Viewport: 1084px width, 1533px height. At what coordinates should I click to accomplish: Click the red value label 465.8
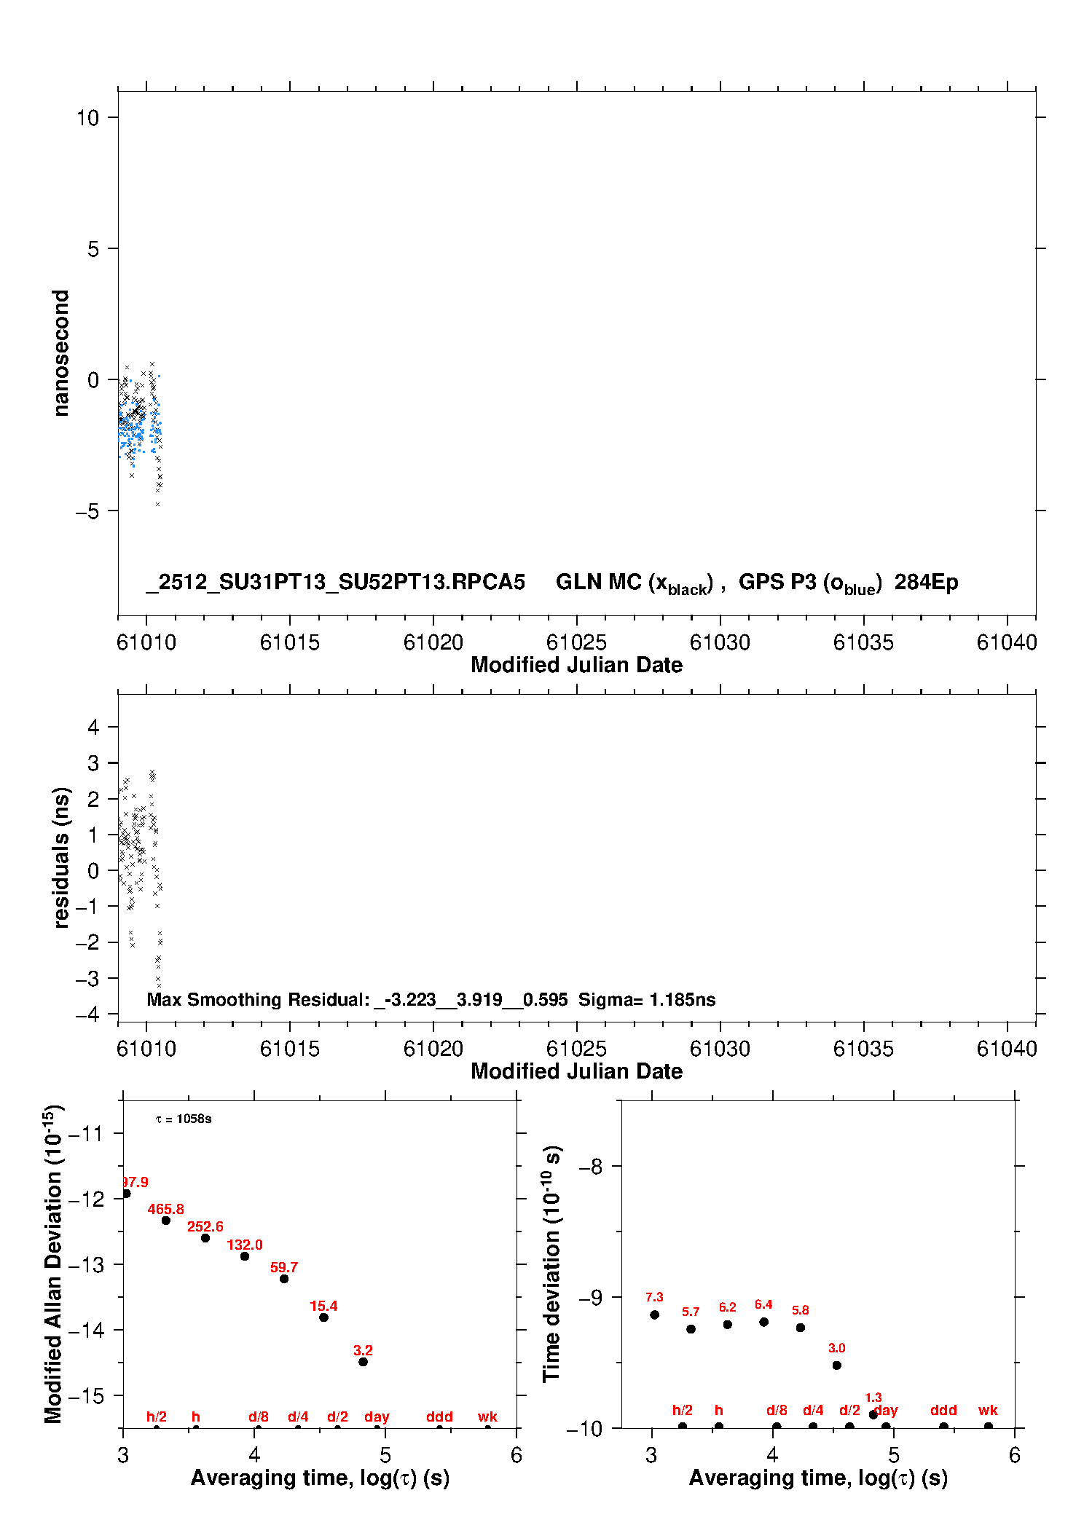tap(165, 1209)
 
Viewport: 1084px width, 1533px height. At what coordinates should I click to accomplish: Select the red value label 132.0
tap(244, 1245)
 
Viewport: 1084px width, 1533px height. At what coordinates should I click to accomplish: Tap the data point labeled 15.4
tap(323, 1317)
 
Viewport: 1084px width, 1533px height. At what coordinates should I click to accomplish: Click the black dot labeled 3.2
tap(363, 1361)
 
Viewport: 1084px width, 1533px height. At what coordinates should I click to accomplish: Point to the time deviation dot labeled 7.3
tap(654, 1315)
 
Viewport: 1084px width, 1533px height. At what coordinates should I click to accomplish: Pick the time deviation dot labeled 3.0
tap(836, 1365)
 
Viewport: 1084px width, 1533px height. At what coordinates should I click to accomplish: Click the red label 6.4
tap(763, 1304)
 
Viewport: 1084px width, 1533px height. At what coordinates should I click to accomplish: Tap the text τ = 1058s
tap(184, 1119)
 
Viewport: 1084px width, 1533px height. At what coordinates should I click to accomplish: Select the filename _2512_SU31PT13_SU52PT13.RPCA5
tap(336, 582)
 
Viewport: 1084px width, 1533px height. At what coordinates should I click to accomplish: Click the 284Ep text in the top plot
tap(926, 582)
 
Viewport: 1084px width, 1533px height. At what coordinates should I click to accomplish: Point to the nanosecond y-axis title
tap(61, 352)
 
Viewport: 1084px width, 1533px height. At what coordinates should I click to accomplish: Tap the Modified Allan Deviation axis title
tap(54, 1264)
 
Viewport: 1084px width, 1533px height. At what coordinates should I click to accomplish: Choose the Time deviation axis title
tap(551, 1264)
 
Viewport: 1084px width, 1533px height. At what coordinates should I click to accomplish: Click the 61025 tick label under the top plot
tap(576, 642)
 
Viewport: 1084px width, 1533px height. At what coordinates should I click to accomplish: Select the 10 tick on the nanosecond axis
tap(88, 117)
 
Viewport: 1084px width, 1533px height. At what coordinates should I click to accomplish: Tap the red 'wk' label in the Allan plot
tap(487, 1416)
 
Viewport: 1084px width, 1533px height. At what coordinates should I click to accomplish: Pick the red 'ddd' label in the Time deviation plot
tap(943, 1410)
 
